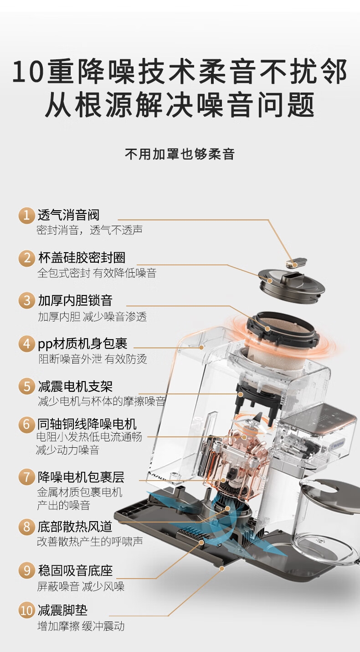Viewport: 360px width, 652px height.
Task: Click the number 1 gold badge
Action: point(26,215)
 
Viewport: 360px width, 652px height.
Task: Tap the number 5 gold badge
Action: point(26,386)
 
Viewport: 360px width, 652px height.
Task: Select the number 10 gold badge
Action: point(26,611)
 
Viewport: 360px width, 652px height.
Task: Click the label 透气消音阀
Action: point(69,215)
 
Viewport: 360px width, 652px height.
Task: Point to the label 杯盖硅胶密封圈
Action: point(82,258)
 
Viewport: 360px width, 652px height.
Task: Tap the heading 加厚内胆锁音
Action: point(75,300)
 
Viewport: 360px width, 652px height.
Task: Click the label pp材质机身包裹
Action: point(82,344)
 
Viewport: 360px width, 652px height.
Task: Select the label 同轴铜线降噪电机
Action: point(87,424)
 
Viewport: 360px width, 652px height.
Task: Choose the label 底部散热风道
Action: point(75,526)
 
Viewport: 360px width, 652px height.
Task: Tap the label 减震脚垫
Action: point(62,610)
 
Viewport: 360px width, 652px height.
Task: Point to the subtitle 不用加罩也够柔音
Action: point(180,154)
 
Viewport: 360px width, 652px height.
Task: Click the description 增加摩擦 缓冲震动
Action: point(81,626)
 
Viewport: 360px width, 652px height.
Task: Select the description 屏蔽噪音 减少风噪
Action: point(81,586)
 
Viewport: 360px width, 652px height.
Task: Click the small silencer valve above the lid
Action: point(296,262)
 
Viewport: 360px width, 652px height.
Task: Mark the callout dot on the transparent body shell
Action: point(201,347)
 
